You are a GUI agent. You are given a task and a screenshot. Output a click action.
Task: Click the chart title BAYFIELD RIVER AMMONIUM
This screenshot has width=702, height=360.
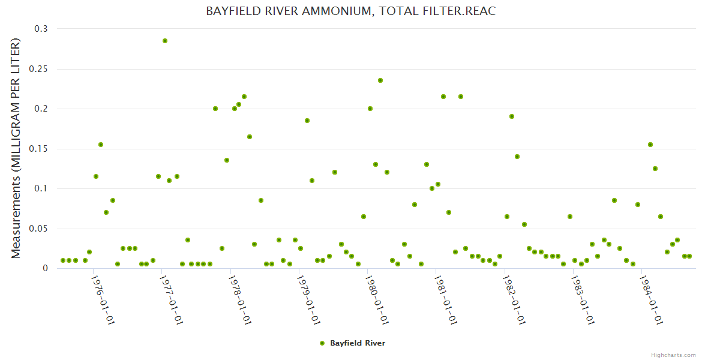tap(351, 11)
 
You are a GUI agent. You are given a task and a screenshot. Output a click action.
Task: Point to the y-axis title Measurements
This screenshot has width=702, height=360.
tap(16, 149)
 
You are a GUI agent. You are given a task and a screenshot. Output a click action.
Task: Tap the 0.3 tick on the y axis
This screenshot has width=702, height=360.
tap(41, 29)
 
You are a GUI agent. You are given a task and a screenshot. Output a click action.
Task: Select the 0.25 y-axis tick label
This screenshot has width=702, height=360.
tap(39, 69)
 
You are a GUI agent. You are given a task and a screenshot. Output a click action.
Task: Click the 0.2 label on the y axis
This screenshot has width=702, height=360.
tap(41, 109)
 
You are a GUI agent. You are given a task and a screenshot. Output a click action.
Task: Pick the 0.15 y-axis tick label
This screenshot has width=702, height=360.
tap(39, 149)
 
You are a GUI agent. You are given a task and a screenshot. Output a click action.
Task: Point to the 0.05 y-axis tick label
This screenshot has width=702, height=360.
tap(39, 229)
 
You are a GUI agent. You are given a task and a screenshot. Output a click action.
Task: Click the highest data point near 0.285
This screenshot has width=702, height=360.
tap(165, 41)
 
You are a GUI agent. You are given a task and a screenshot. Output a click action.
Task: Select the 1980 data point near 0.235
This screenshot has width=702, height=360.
tap(380, 80)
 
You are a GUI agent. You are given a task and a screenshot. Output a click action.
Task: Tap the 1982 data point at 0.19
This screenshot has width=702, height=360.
tap(512, 116)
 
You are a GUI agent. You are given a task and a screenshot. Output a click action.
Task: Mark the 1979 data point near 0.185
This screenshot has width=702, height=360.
tap(307, 121)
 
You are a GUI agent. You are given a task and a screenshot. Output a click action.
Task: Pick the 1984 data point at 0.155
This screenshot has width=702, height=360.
tap(650, 145)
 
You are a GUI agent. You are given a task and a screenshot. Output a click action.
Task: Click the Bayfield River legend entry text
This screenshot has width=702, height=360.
tap(358, 343)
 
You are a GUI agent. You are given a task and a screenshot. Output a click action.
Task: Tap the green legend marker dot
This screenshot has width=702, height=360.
tap(322, 343)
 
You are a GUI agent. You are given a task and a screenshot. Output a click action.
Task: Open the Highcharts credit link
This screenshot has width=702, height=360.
tap(673, 355)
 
